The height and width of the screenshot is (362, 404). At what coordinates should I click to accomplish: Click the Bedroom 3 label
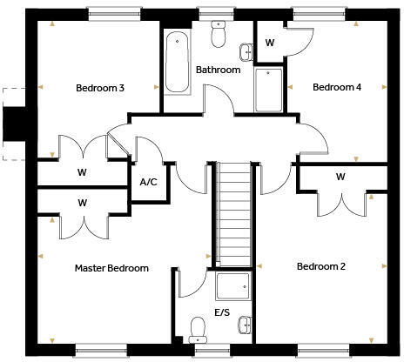click(x=99, y=88)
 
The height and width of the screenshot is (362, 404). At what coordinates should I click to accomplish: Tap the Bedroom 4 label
click(x=335, y=87)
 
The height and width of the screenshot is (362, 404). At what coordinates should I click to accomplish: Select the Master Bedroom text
click(x=111, y=268)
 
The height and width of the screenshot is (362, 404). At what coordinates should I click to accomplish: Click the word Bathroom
click(x=217, y=70)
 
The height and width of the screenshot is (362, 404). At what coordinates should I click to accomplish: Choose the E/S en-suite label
click(x=223, y=312)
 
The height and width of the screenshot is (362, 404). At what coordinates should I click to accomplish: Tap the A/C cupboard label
click(x=148, y=182)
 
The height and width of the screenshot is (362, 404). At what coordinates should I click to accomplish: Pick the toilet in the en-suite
click(x=198, y=328)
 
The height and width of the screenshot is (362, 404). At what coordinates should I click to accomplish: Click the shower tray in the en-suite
click(x=232, y=286)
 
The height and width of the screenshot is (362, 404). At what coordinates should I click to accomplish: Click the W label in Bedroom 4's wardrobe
click(x=270, y=43)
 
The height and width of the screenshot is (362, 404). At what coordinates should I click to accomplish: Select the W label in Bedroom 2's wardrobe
click(x=340, y=178)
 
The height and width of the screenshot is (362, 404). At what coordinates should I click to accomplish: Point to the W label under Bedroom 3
click(x=83, y=171)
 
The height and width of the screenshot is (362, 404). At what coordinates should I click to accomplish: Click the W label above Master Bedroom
click(x=83, y=203)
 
